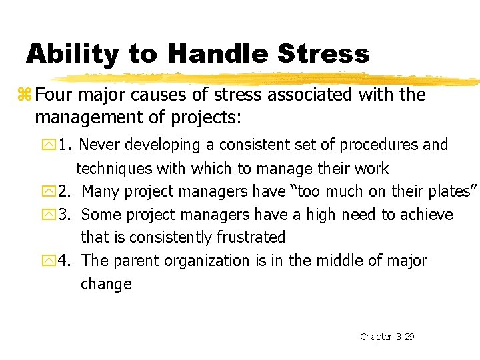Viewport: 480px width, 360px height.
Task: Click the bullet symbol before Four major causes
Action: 27,95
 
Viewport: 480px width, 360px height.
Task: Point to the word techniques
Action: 113,169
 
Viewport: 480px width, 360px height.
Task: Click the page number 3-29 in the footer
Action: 405,337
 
